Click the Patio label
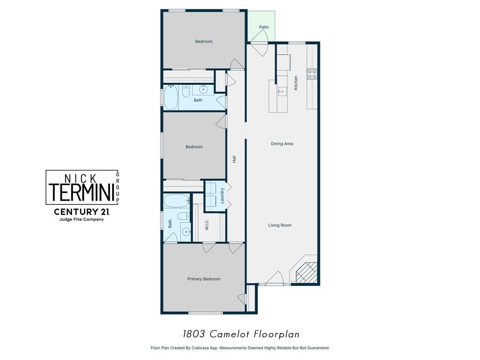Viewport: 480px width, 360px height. [264, 27]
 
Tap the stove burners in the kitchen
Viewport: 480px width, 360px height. [312, 74]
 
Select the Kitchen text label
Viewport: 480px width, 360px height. [296, 82]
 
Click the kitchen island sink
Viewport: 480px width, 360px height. [282, 91]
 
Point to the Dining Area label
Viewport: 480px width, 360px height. [282, 143]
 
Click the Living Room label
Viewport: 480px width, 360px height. [280, 225]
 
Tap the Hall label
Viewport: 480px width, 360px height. [234, 159]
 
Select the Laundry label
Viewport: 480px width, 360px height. [222, 195]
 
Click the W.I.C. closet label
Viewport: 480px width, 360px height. [207, 225]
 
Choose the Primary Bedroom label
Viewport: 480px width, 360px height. [204, 279]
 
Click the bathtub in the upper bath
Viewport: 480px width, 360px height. [171, 97]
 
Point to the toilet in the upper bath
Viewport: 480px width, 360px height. [186, 91]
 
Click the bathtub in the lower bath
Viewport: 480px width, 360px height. [177, 201]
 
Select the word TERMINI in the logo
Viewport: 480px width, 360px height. [79, 192]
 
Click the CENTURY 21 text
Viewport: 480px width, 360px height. [82, 211]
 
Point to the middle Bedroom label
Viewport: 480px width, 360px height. [194, 147]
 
